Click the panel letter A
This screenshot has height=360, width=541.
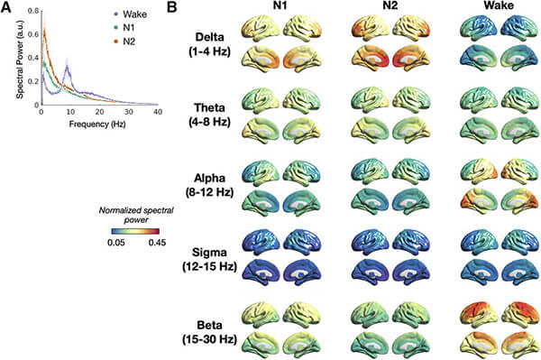(x=7, y=7)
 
